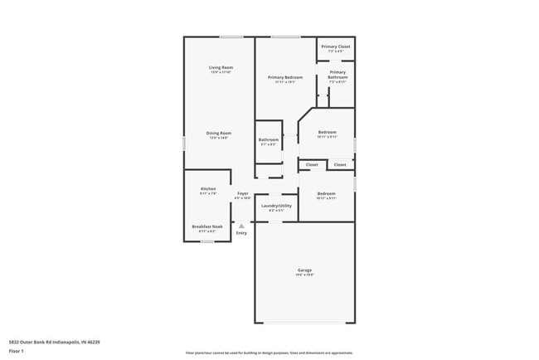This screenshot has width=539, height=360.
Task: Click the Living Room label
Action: [x=220, y=67]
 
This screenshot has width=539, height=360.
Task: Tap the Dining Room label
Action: [x=219, y=133]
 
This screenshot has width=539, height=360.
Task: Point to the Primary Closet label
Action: [x=336, y=46]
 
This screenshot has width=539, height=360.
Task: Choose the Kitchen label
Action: [x=208, y=188]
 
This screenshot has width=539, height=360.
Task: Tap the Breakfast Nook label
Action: [x=207, y=226]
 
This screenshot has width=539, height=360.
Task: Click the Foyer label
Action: [x=242, y=193]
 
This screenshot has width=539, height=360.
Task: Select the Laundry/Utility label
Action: [x=276, y=206]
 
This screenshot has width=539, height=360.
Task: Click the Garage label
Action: [x=304, y=270]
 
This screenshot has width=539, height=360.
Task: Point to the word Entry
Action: [x=241, y=233]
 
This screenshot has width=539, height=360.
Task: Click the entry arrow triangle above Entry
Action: [x=241, y=225]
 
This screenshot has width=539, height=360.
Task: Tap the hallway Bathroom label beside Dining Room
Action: [x=268, y=139]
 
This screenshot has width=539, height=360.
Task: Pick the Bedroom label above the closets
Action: [x=327, y=133]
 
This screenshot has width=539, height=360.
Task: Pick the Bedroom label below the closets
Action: [x=326, y=194]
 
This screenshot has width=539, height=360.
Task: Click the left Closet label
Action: [x=312, y=165]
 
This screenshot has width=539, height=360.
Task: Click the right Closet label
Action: [x=340, y=165]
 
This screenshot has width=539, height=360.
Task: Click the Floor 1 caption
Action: [x=15, y=351]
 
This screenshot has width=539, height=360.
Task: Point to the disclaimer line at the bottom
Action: [x=269, y=353]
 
